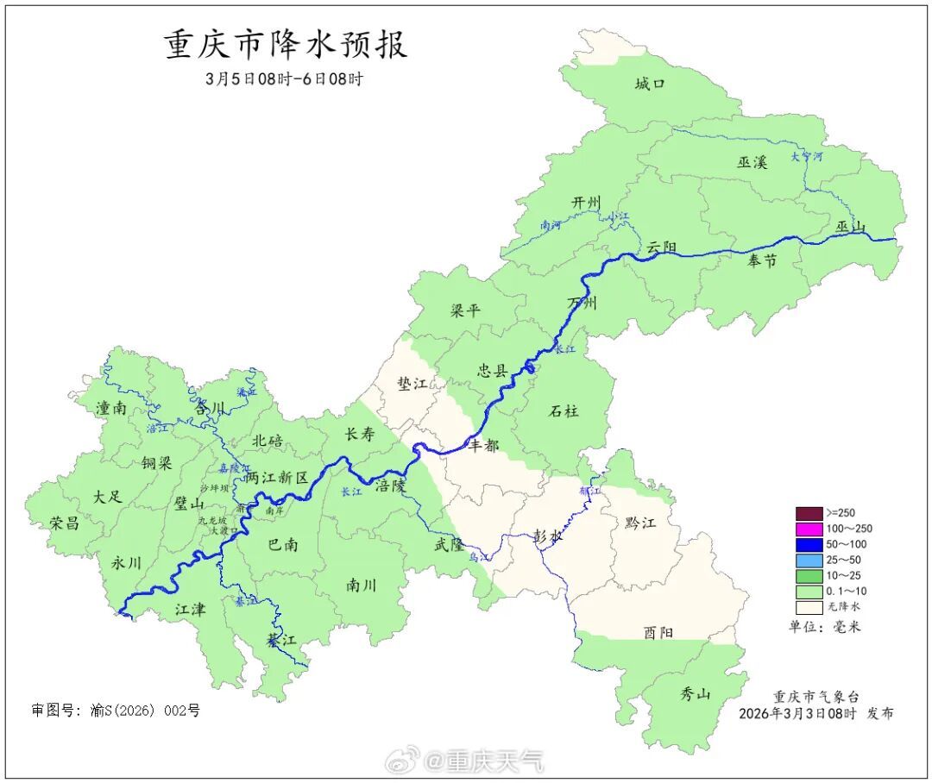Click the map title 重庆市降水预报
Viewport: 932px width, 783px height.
(x=286, y=45)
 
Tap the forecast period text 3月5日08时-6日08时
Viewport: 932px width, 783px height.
(x=284, y=78)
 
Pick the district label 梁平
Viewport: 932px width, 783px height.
(x=465, y=310)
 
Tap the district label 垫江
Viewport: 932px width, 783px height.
(x=412, y=384)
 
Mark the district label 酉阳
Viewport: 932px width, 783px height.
(x=658, y=632)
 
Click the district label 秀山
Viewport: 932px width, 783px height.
(x=695, y=692)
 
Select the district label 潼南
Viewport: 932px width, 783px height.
(x=112, y=408)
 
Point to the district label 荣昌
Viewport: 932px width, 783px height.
(x=64, y=523)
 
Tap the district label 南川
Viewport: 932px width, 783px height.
(x=362, y=585)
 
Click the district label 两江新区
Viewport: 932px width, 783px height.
(x=276, y=477)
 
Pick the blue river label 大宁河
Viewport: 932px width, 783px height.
(x=807, y=157)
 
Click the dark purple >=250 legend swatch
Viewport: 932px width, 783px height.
(x=809, y=513)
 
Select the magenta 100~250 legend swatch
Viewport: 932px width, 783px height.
(x=809, y=529)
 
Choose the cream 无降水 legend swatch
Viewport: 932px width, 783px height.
(x=809, y=607)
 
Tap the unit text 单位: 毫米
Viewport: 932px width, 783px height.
(x=824, y=627)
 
